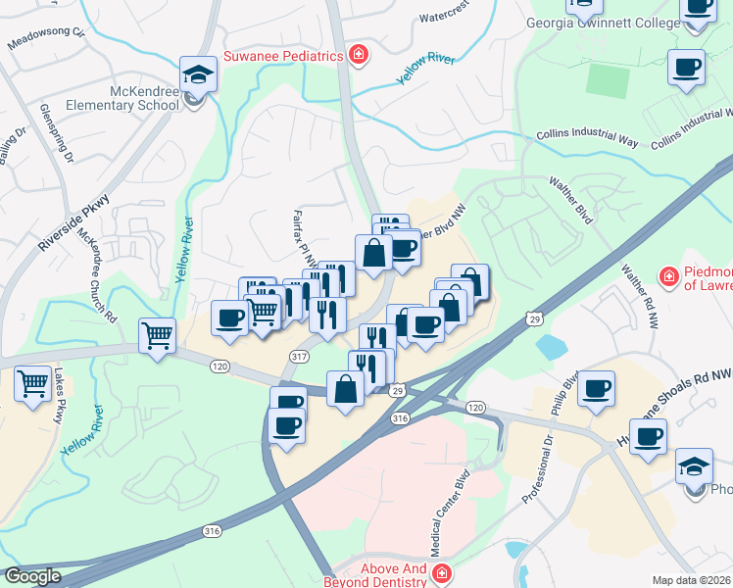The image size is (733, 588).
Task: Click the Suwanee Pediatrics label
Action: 284,56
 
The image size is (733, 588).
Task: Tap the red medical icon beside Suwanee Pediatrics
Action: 359,55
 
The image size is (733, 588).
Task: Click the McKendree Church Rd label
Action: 98,276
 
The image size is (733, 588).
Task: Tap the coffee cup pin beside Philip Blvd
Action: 596,389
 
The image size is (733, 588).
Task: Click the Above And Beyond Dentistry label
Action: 378,573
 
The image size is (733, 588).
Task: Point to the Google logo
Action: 33,575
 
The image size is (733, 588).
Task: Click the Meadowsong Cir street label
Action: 47,38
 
